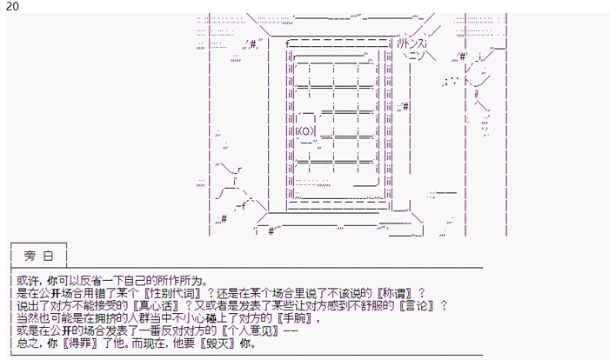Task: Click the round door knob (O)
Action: (301, 132)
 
